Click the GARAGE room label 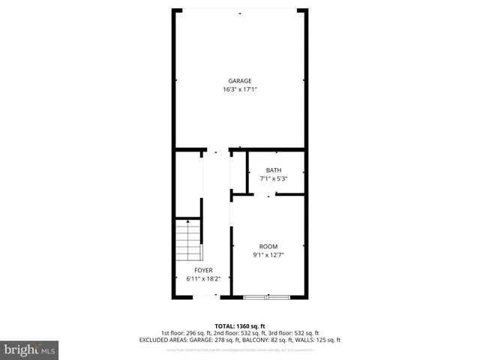point(240,81)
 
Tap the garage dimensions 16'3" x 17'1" point(240,89)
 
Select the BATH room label point(273,170)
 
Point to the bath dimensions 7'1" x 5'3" point(273,178)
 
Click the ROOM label point(268,247)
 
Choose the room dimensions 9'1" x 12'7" point(268,255)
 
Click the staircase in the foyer point(188,239)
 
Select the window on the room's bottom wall point(267,298)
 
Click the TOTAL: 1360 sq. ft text point(240,326)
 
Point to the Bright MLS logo point(29,349)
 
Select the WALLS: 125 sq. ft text point(318,340)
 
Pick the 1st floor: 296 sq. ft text point(186,333)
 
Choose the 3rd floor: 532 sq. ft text point(293,333)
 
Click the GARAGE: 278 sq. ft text point(215,340)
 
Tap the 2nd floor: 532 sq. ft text point(240,333)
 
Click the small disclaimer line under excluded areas point(240,349)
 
